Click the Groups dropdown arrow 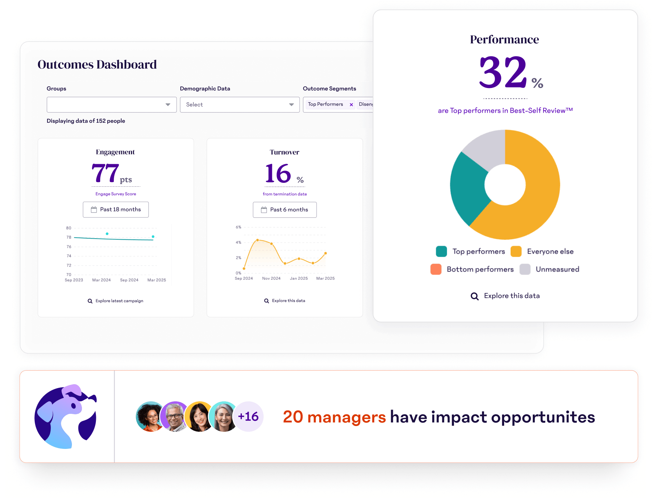(168, 105)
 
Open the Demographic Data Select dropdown (239, 105)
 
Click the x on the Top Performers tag (351, 105)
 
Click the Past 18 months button (116, 210)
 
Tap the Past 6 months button (284, 210)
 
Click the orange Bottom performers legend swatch (436, 269)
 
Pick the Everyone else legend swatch (516, 251)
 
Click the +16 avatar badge (248, 416)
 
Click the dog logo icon (66, 416)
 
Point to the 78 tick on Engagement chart (69, 237)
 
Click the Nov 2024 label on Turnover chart (271, 278)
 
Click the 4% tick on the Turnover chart (238, 243)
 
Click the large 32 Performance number (503, 73)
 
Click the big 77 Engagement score (105, 173)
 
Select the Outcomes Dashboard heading (97, 64)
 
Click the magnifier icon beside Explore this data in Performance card (474, 296)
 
